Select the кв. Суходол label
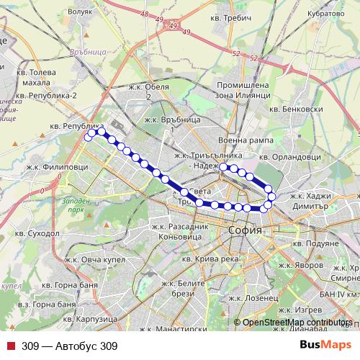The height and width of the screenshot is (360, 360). click(x=40, y=234)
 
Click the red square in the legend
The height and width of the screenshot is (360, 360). click(x=10, y=346)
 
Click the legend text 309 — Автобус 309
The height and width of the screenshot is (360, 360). click(x=69, y=346)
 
